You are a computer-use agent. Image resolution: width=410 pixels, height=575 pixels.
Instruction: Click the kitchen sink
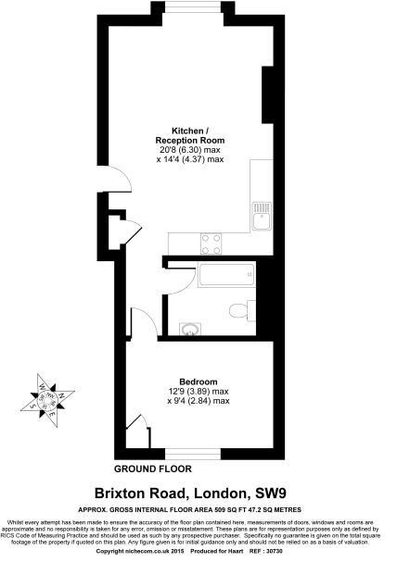[x=259, y=217]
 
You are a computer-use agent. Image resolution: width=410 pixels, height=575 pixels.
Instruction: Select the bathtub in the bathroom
[x=224, y=274]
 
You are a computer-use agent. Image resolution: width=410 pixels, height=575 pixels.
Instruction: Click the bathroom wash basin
[x=191, y=328]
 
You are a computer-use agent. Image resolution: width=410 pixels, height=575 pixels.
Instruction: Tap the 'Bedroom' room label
[x=199, y=381]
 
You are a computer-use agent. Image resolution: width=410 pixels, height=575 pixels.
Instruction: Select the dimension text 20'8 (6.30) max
[x=191, y=149]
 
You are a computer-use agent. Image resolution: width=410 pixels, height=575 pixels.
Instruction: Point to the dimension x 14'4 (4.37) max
[x=191, y=159]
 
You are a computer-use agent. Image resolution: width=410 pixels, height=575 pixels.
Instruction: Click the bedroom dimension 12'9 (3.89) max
[x=199, y=392]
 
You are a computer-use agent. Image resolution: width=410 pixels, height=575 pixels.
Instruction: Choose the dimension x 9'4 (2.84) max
[x=199, y=402]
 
